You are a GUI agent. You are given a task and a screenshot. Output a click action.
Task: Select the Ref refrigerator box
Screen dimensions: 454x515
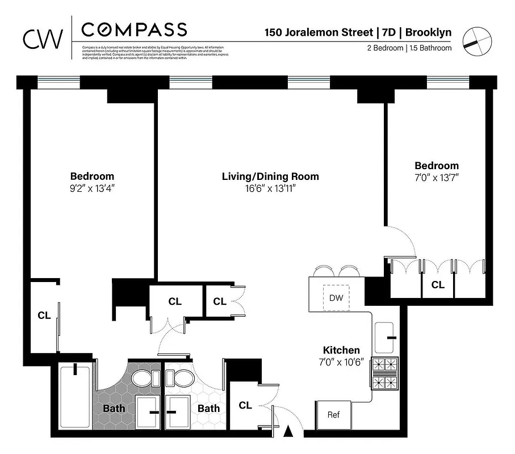point(333,415)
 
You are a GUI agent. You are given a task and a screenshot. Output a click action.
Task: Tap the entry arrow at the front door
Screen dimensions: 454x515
point(288,432)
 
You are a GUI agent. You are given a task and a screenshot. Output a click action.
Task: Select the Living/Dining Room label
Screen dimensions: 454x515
point(270,176)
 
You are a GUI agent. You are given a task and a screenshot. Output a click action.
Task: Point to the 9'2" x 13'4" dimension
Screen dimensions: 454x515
point(92,188)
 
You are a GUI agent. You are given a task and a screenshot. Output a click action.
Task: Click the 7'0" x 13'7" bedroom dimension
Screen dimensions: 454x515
point(436,178)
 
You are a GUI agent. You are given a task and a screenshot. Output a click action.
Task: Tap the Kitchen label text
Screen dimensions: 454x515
point(341,351)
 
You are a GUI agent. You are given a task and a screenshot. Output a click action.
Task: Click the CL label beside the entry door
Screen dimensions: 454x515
point(245,405)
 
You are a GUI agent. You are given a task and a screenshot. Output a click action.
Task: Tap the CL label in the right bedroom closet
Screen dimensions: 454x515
point(438,285)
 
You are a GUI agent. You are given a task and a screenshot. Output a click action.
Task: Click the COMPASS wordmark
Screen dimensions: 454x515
point(134,29)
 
